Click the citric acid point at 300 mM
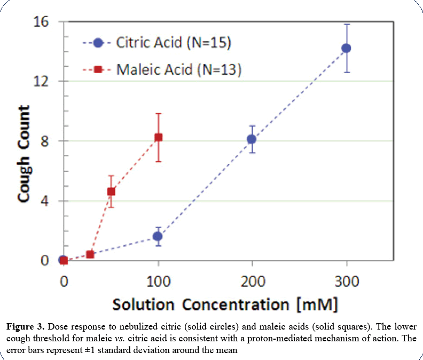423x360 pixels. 346,48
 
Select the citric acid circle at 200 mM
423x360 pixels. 252,139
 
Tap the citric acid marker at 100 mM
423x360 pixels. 158,236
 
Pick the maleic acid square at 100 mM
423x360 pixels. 158,137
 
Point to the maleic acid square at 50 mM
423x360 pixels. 111,191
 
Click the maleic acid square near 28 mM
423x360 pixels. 90,254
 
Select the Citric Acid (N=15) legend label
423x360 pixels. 174,43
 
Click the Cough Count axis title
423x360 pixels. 23,154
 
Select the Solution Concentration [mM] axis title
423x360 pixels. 225,304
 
